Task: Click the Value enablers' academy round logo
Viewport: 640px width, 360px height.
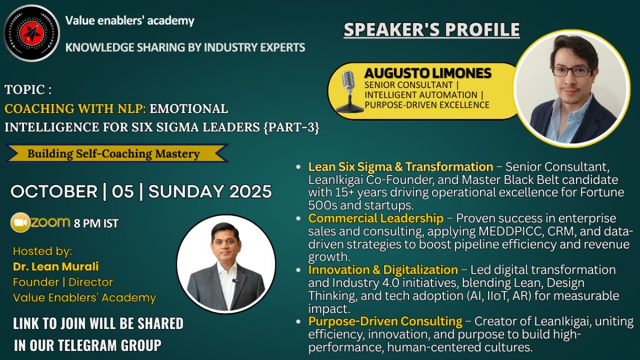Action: tap(31, 33)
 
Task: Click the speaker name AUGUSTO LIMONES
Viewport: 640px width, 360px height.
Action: tap(428, 73)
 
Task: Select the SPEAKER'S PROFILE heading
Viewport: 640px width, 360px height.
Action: tap(431, 29)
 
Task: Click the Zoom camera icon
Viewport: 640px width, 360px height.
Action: tap(20, 222)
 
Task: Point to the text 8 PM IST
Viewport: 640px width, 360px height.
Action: tap(96, 223)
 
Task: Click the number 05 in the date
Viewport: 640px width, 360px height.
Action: tap(123, 191)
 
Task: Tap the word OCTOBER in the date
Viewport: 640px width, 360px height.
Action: tap(54, 191)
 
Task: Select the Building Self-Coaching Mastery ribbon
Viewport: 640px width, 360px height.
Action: tap(116, 154)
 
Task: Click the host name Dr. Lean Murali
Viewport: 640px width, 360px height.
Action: tap(55, 267)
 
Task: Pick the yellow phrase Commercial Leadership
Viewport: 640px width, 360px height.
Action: tap(375, 218)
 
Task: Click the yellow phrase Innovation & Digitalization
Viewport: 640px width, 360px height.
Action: tap(383, 270)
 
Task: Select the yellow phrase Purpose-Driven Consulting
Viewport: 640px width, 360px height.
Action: tap(385, 322)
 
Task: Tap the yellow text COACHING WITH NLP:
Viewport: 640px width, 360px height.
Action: tap(75, 109)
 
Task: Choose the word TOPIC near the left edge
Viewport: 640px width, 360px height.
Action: tap(25, 90)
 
